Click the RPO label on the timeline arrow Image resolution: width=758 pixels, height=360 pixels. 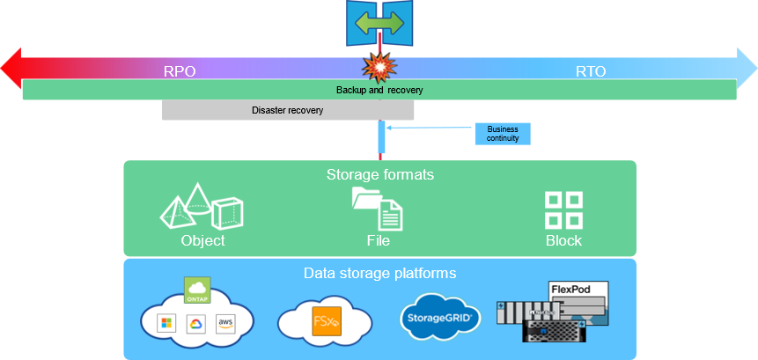180,71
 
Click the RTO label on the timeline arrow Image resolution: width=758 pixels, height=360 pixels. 591,71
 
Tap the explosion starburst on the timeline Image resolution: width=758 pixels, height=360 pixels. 379,67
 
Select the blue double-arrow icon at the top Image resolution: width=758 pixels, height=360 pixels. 379,21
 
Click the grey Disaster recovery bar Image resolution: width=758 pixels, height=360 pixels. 288,110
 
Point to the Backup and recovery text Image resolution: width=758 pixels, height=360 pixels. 379,90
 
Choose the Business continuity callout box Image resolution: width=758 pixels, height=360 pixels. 504,133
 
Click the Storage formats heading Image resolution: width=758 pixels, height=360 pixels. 379,174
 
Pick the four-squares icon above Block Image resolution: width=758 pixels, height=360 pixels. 563,209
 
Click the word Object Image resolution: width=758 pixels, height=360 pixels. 202,240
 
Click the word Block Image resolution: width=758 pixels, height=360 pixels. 563,240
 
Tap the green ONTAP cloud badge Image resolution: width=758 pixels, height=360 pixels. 197,290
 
